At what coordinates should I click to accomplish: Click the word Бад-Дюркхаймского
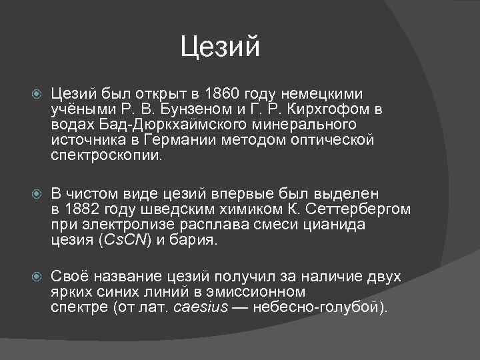[x=153, y=125]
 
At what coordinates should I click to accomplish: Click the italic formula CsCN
[x=124, y=240]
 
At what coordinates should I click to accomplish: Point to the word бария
[x=199, y=240]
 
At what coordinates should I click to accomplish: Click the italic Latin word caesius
[x=201, y=308]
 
